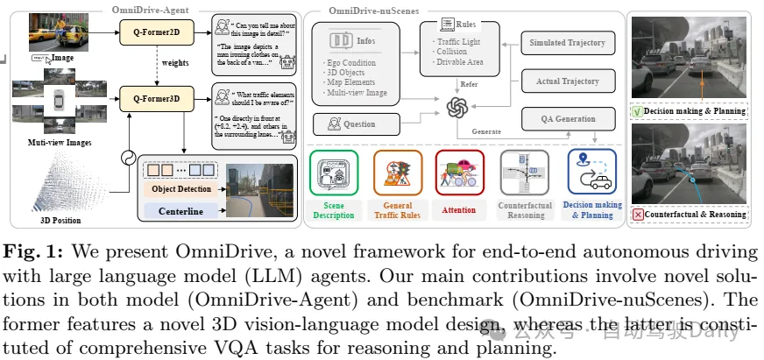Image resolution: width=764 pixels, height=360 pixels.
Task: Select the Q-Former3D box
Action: [155, 98]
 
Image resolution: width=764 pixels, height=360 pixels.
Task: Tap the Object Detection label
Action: [181, 187]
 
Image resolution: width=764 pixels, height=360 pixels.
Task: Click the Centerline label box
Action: [181, 210]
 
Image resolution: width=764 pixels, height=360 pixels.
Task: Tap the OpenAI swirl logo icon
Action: [456, 108]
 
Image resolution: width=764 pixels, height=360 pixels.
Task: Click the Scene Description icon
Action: [333, 172]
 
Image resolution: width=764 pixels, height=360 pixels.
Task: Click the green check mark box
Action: [638, 111]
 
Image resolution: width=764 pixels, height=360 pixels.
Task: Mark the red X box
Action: [638, 215]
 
